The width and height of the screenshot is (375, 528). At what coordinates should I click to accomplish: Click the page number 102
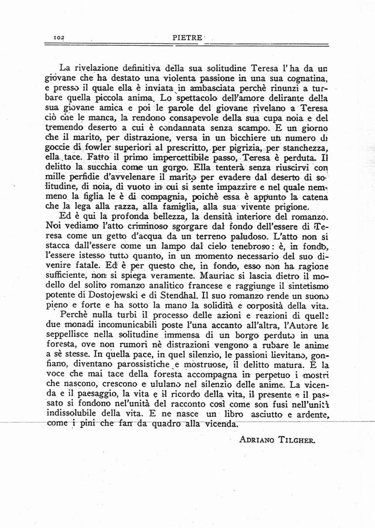click(58, 36)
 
